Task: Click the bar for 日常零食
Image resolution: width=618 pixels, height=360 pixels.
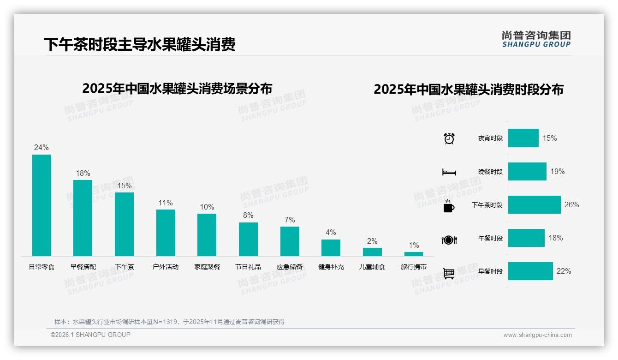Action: click(42, 205)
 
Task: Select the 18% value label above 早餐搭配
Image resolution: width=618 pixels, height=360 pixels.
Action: click(83, 174)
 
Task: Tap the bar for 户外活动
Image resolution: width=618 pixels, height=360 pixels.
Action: click(166, 233)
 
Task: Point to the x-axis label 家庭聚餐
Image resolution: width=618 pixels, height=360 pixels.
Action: click(207, 267)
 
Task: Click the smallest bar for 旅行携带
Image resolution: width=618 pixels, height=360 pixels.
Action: click(413, 254)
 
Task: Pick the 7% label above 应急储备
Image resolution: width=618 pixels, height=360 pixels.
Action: click(290, 220)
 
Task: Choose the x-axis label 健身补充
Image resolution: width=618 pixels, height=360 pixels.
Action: click(331, 267)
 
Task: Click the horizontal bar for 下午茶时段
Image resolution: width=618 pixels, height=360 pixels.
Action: click(534, 205)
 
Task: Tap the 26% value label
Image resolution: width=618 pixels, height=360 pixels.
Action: click(571, 205)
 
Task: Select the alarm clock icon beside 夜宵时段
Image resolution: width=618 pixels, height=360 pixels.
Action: click(449, 138)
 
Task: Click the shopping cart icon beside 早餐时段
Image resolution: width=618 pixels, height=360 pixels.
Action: click(449, 273)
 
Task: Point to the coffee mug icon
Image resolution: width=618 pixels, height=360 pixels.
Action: click(449, 206)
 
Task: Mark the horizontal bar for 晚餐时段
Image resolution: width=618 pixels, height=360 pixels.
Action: click(527, 172)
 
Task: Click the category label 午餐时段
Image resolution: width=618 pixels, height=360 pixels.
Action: click(490, 239)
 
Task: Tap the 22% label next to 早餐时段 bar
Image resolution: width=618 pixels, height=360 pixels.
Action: click(564, 271)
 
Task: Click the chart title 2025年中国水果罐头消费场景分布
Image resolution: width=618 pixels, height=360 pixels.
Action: click(177, 89)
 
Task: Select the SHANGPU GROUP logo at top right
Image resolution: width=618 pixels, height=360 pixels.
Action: click(536, 39)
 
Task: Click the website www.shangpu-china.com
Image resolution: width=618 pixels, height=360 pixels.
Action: click(537, 335)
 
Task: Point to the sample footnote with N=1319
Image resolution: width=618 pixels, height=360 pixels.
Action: click(169, 322)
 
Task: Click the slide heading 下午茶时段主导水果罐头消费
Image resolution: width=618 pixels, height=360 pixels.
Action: click(140, 45)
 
